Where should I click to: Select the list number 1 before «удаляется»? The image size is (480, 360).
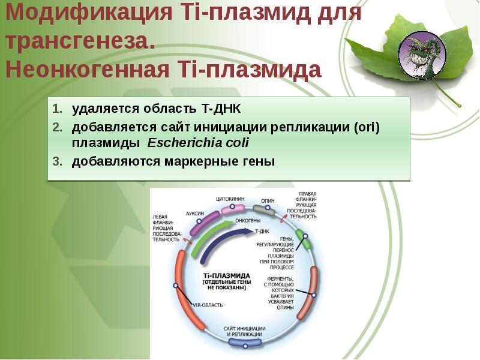[x=56, y=109]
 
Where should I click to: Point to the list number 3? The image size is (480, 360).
[x=56, y=161]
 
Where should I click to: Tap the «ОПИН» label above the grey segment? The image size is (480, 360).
[x=268, y=201]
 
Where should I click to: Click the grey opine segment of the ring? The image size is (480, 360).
[x=263, y=210]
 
